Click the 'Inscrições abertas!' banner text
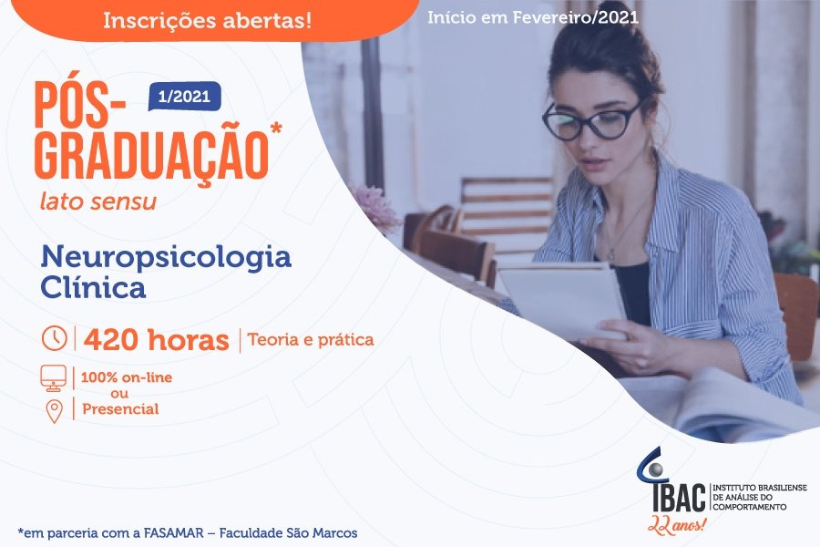point(207,20)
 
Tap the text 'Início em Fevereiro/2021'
point(533,18)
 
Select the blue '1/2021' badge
point(185,97)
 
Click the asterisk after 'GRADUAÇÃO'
point(275,129)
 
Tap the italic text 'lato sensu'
point(98,201)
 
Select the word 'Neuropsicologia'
point(166,257)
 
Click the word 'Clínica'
point(93,287)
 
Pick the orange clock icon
point(55,338)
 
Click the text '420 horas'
point(157,340)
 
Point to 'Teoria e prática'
point(311,340)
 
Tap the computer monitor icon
point(54,378)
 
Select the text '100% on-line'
point(127,377)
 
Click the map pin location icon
point(55,411)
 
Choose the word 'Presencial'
point(120,408)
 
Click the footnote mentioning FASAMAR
point(188,532)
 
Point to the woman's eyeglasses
point(592,120)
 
